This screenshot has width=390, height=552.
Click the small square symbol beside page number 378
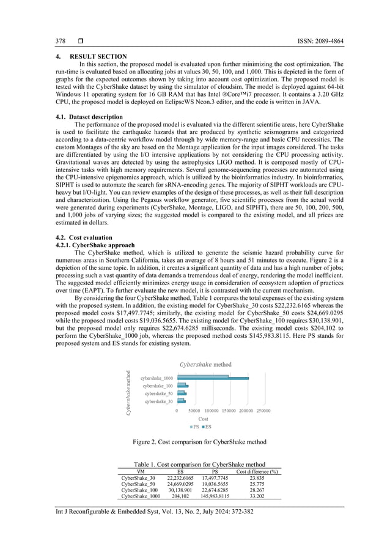tap(81, 42)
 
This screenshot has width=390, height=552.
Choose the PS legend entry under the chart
tap(194, 427)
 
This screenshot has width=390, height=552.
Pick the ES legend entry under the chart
tap(207, 427)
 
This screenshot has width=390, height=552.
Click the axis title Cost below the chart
tap(203, 419)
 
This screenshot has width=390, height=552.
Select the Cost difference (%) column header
tap(257, 471)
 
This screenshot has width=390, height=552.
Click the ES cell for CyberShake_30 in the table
tap(180, 477)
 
